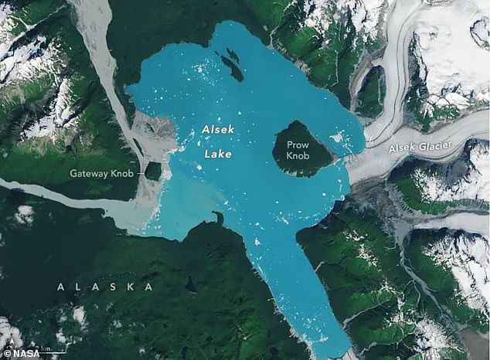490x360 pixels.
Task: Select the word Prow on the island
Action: pyautogui.click(x=298, y=144)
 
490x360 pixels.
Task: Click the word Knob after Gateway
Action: pyautogui.click(x=124, y=174)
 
